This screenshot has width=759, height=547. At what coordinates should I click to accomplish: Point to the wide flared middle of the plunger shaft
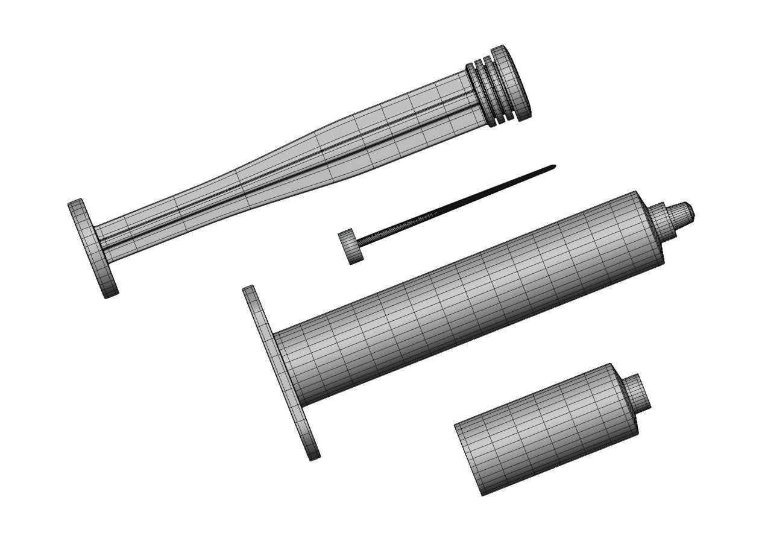pos(338,151)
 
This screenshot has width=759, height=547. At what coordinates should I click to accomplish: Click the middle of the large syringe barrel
pos(464,302)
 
